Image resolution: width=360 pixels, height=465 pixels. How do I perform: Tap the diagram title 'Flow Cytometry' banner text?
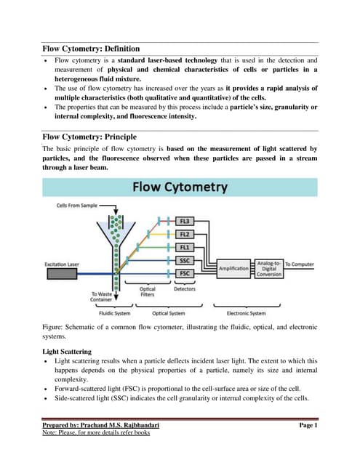point(180,187)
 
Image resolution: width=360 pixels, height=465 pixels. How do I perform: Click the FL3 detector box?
point(185,220)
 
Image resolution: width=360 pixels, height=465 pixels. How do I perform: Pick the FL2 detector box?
point(185,234)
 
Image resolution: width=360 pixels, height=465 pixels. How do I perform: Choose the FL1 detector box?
point(185,247)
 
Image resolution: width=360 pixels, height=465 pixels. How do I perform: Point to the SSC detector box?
point(185,260)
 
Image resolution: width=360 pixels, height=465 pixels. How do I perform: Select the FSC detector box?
point(185,273)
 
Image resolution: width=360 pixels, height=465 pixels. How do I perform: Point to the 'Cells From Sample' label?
point(78,206)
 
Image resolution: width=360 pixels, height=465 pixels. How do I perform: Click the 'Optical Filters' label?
point(148,292)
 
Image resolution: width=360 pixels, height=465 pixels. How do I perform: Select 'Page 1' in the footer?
point(308,426)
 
